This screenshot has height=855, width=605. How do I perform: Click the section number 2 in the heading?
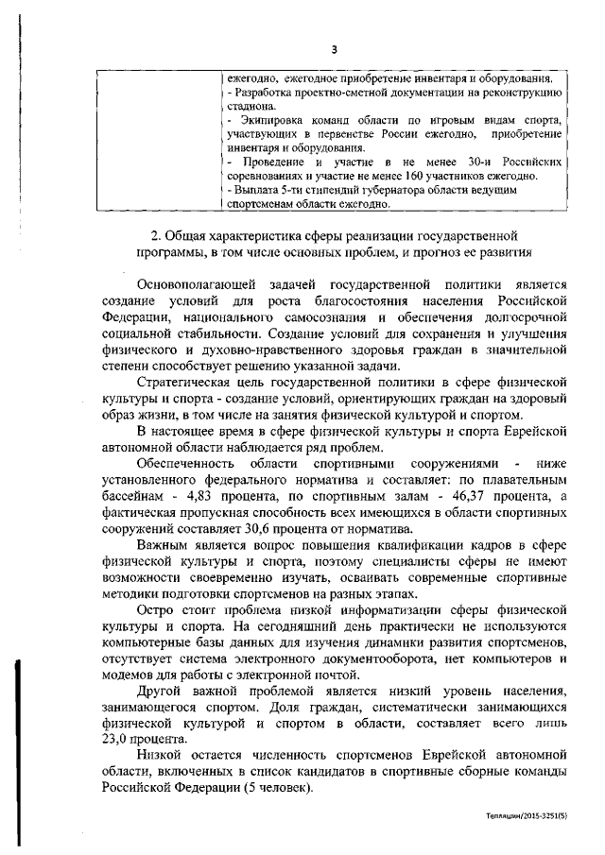pyautogui.click(x=156, y=235)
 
